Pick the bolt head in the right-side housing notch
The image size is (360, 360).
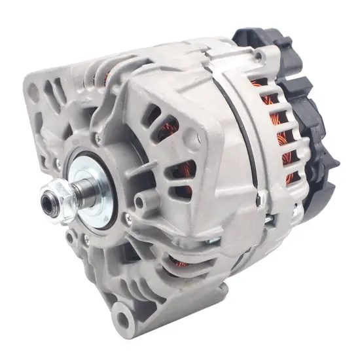(x=262, y=197)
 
